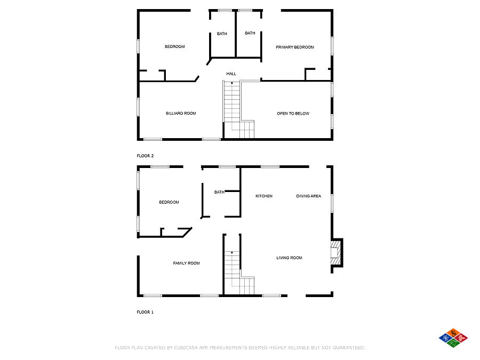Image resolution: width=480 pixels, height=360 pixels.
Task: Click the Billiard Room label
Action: (181, 113)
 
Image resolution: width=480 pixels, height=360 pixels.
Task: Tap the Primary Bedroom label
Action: (295, 47)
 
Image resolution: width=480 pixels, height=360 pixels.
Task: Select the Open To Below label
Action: (293, 114)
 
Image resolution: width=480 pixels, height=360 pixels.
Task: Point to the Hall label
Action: (231, 74)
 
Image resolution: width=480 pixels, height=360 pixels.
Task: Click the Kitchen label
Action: (264, 196)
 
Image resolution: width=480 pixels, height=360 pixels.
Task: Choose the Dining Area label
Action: (309, 196)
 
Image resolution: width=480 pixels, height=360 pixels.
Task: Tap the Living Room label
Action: (289, 258)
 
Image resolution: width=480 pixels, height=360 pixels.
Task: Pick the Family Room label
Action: (186, 263)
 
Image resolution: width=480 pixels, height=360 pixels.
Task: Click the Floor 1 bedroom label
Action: (169, 202)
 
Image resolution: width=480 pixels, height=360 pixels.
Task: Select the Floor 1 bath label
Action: (219, 192)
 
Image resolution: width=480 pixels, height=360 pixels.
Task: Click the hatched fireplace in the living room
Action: (335, 253)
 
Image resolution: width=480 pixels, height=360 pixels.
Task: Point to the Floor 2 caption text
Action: (145, 156)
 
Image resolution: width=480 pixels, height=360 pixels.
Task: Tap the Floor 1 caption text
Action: (145, 312)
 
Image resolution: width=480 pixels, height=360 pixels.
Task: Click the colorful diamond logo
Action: (453, 338)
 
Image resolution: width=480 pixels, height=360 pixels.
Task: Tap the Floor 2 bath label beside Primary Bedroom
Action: (250, 33)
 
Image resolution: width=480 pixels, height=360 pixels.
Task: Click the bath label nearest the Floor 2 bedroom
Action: (222, 34)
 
